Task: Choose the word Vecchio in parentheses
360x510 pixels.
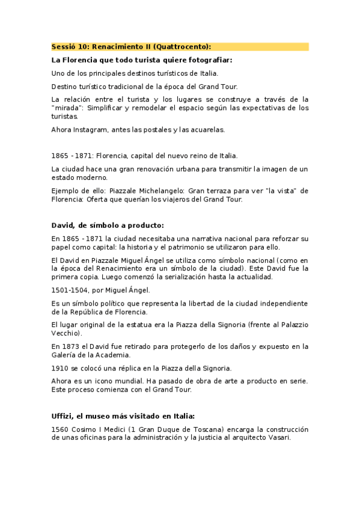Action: coord(66,333)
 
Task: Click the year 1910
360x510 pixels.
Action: coord(61,368)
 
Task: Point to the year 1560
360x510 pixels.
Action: coord(61,429)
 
